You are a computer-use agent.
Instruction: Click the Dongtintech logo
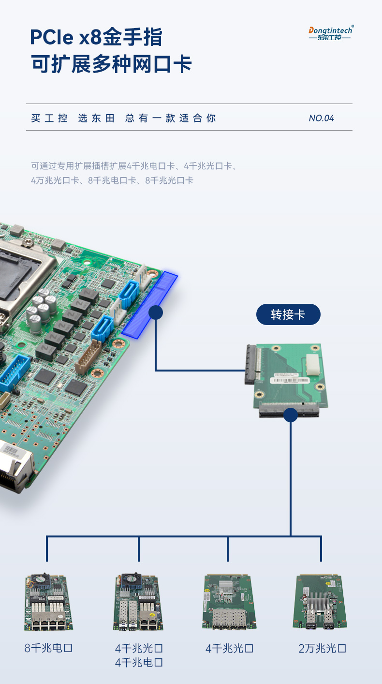[331, 33]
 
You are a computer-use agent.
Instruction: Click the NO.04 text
[321, 118]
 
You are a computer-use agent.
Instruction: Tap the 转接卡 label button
[288, 314]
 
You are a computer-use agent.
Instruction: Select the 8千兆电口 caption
[48, 648]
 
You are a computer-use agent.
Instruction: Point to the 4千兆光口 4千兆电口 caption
[139, 655]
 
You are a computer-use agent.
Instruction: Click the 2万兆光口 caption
[322, 648]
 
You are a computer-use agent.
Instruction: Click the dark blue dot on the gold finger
[155, 312]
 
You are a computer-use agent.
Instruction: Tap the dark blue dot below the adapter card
[291, 415]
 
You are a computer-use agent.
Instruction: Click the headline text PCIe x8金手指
[96, 37]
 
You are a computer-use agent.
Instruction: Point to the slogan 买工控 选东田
[73, 118]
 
